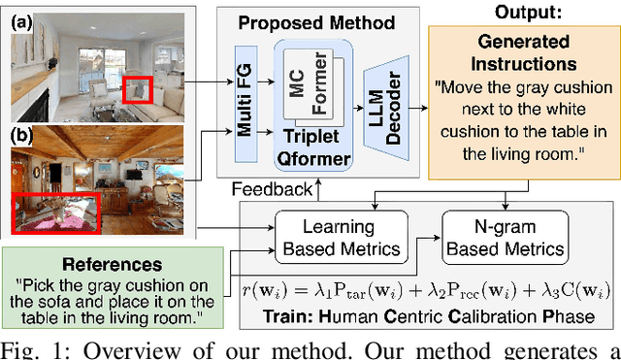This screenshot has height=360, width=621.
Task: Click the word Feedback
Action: click(277, 189)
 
